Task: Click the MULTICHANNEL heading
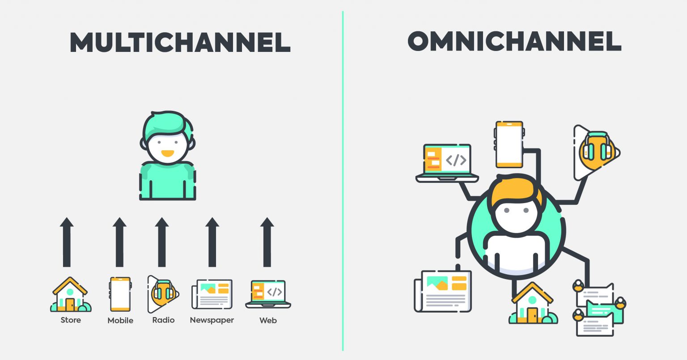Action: [x=180, y=42]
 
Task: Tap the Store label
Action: [x=71, y=320]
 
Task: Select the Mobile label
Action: [x=120, y=321]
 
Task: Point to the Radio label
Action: [x=163, y=320]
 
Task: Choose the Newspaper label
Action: [x=212, y=320]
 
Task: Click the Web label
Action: [x=268, y=321]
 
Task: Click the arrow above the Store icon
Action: [x=67, y=242]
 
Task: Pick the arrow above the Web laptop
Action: [x=267, y=242]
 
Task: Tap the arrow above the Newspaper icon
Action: [x=212, y=242]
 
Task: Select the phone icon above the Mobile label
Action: [x=120, y=294]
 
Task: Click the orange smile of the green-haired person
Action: [x=167, y=153]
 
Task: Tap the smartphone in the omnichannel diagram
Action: [x=509, y=144]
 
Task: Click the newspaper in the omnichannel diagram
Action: [x=443, y=291]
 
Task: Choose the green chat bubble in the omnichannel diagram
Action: [x=605, y=311]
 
